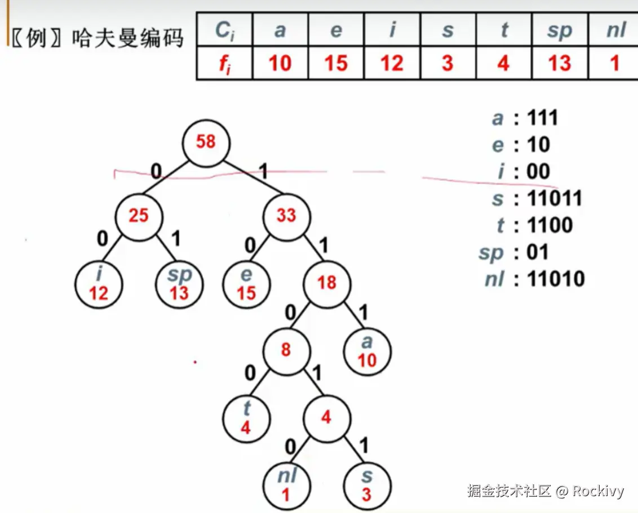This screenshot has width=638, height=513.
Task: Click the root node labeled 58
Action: pyautogui.click(x=206, y=141)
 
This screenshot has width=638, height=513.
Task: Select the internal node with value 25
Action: pyautogui.click(x=139, y=216)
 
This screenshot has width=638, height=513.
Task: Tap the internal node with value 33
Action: pyautogui.click(x=286, y=216)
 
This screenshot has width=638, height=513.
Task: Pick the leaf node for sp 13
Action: pyautogui.click(x=179, y=284)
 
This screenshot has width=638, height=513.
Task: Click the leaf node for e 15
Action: pyautogui.click(x=246, y=284)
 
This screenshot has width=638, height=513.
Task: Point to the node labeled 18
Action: pyautogui.click(x=327, y=283)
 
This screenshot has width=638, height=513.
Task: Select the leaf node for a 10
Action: pyautogui.click(x=367, y=351)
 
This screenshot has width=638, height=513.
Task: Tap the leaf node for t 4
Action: pyautogui.click(x=246, y=418)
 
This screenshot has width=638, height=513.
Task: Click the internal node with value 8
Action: pyautogui.click(x=286, y=350)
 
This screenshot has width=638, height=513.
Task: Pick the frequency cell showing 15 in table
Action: pyautogui.click(x=336, y=63)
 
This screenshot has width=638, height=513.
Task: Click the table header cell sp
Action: pyautogui.click(x=559, y=30)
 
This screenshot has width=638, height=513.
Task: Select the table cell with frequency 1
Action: pyautogui.click(x=614, y=63)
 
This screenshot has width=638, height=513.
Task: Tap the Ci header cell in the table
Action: pyautogui.click(x=224, y=30)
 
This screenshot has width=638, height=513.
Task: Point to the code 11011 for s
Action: pyautogui.click(x=555, y=198)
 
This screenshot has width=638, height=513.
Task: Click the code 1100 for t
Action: pyautogui.click(x=550, y=225)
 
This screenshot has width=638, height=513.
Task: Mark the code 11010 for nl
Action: pyautogui.click(x=556, y=279)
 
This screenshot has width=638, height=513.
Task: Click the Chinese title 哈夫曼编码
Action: pyautogui.click(x=127, y=39)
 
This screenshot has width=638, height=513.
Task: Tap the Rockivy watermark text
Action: pyautogui.click(x=598, y=491)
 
